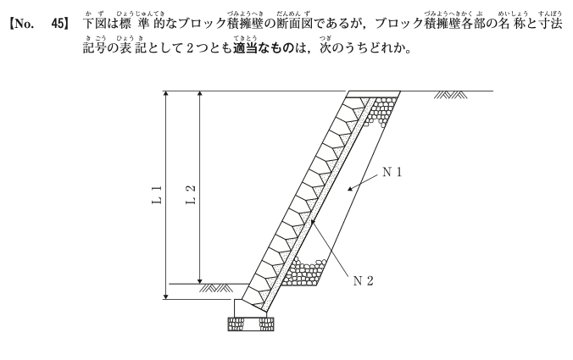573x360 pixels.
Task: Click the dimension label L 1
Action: click(157, 196)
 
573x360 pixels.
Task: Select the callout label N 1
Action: click(392, 172)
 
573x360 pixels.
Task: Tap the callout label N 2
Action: click(364, 280)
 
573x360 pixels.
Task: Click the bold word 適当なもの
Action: click(263, 47)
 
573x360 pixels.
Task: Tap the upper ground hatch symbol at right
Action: click(451, 95)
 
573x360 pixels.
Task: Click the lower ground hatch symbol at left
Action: click(216, 288)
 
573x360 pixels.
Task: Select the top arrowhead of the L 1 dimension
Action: click(166, 94)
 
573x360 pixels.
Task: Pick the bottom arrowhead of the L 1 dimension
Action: click(166, 296)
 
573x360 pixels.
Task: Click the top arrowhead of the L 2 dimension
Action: click(199, 94)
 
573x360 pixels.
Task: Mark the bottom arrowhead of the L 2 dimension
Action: click(199, 280)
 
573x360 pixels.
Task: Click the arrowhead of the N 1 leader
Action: click(350, 188)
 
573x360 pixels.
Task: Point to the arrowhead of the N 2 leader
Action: click(311, 224)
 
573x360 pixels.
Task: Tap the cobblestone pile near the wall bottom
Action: click(303, 271)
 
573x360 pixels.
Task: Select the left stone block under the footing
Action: click(236, 324)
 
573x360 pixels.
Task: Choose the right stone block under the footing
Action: click(266, 324)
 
